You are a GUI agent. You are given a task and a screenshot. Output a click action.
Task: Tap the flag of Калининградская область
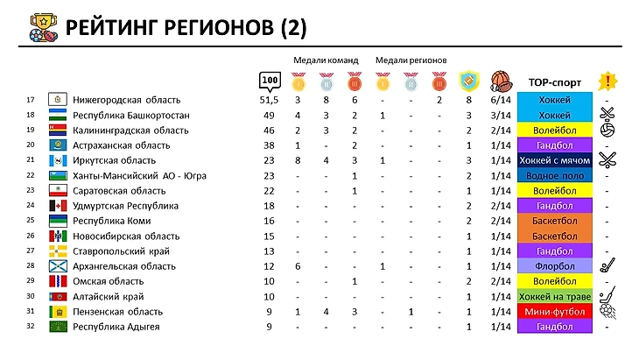pos(56,131)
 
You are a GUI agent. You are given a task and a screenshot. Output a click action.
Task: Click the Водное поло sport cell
pos(554,175)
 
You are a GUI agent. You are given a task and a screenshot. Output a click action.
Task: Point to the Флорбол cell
pos(554,265)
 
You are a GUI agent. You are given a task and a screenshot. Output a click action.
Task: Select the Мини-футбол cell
pos(554,312)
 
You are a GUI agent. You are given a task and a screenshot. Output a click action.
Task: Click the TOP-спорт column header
pos(554,82)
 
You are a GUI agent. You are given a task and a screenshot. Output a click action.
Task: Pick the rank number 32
pos(31,327)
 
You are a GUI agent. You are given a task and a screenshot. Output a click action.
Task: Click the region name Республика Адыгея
pos(116,327)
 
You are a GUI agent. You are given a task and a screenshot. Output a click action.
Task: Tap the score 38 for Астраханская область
pos(270,145)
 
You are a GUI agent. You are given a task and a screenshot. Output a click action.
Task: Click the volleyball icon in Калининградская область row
pos(607,131)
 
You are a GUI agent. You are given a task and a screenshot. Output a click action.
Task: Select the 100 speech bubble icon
pos(270,81)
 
